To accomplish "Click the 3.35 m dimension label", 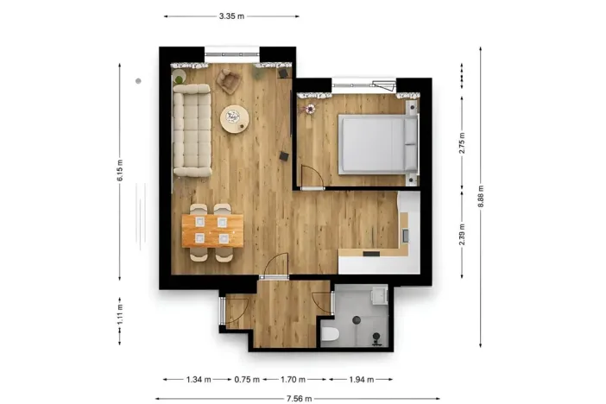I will click(x=231, y=16).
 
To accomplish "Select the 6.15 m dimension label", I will click(x=120, y=173).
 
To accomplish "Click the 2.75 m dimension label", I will click(x=463, y=143).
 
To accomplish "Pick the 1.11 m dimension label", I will click(x=120, y=309).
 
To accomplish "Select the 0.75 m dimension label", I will click(x=246, y=379).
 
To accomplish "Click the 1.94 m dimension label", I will click(x=360, y=379).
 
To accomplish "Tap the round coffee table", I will click(x=234, y=118).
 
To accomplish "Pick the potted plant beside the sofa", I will click(x=180, y=79).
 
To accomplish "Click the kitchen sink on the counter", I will click(x=405, y=234).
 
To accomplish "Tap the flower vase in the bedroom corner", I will click(x=308, y=108).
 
